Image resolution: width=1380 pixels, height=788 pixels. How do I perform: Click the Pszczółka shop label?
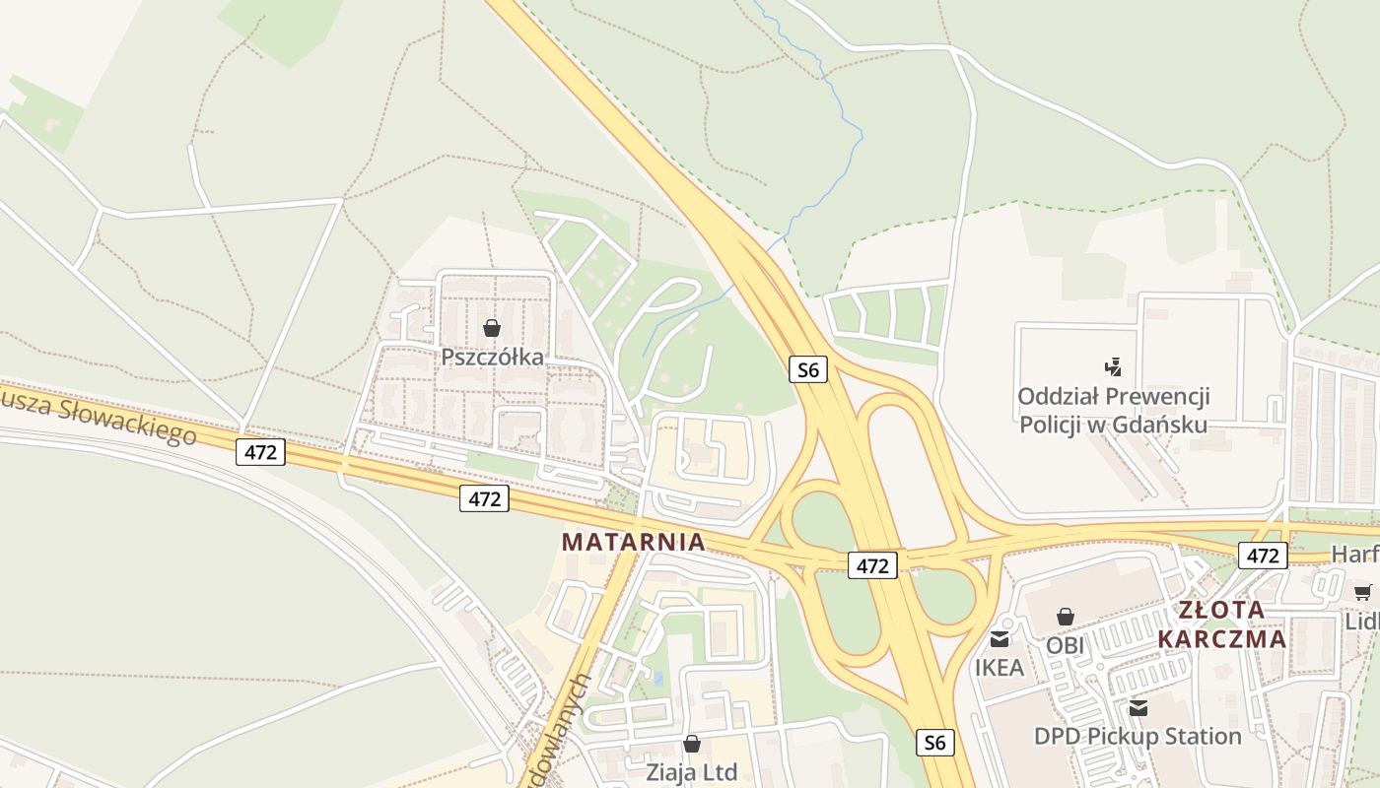click(x=492, y=357)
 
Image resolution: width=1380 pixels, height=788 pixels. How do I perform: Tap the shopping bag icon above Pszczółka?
click(x=492, y=328)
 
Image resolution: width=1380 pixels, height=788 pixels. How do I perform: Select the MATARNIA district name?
click(x=633, y=542)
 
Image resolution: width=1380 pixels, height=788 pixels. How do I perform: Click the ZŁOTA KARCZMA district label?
click(x=1221, y=624)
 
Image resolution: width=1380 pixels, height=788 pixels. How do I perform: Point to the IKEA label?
click(x=1000, y=667)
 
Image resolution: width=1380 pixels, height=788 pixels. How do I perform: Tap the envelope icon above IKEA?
click(x=1000, y=639)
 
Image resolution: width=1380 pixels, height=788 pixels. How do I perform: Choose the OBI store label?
click(x=1065, y=645)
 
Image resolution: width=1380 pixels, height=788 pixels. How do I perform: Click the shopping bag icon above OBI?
click(x=1065, y=618)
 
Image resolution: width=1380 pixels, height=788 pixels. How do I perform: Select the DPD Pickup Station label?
click(x=1138, y=736)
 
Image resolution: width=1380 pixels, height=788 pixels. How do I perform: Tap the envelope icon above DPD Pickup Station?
click(x=1138, y=708)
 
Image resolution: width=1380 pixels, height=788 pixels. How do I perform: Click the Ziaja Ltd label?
click(x=691, y=771)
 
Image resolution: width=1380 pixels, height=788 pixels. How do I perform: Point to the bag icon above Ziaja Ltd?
click(x=692, y=744)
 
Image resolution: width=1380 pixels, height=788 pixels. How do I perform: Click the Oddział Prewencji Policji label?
click(x=1113, y=411)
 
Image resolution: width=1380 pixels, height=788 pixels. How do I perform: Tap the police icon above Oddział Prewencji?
click(x=1114, y=367)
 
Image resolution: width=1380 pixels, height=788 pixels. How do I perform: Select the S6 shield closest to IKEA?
click(x=934, y=742)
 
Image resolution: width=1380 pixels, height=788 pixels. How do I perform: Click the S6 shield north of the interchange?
click(x=807, y=370)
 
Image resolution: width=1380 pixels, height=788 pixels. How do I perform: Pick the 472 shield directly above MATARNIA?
click(x=484, y=498)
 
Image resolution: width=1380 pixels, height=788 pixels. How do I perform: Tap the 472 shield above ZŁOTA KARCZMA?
click(x=1262, y=556)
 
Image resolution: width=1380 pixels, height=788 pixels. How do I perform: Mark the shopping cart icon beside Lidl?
click(x=1362, y=592)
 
